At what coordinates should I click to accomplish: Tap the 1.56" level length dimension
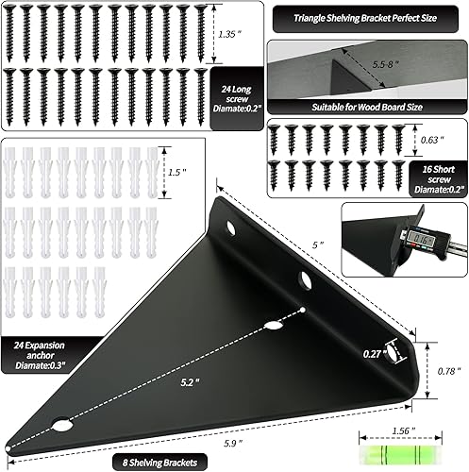[x=401, y=428]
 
